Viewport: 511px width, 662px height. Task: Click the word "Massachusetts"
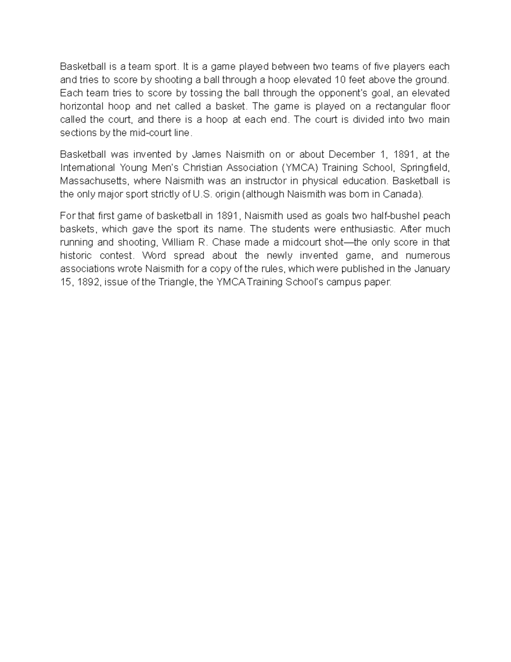coord(93,181)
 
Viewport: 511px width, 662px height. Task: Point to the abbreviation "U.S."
coord(202,194)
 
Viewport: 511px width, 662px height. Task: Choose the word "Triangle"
coord(176,282)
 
